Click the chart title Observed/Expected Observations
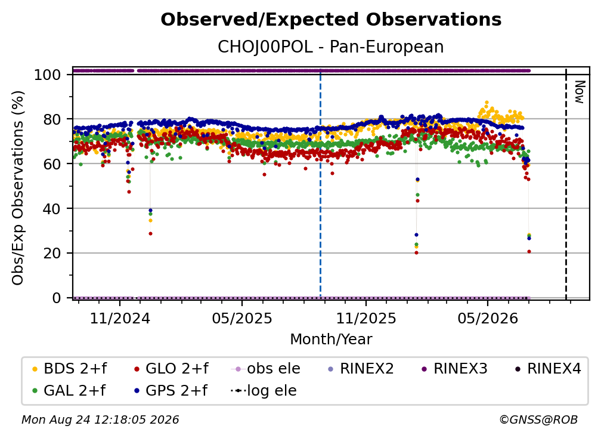(331, 20)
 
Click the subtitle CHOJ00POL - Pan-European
(331, 47)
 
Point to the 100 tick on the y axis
(47, 75)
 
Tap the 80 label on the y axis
(52, 119)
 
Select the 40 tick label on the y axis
(52, 209)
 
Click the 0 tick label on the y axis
(56, 298)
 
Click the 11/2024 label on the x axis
(120, 318)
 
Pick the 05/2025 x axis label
(242, 318)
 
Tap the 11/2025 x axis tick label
(366, 318)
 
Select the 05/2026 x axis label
(488, 318)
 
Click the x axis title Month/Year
(331, 340)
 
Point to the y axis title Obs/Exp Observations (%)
(18, 188)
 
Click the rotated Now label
(579, 92)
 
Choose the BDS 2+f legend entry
(69, 369)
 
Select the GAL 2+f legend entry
(69, 391)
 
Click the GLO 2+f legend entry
(171, 369)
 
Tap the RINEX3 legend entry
(454, 369)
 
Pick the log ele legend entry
(264, 391)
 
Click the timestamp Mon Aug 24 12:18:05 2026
(100, 420)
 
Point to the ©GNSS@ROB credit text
(538, 420)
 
